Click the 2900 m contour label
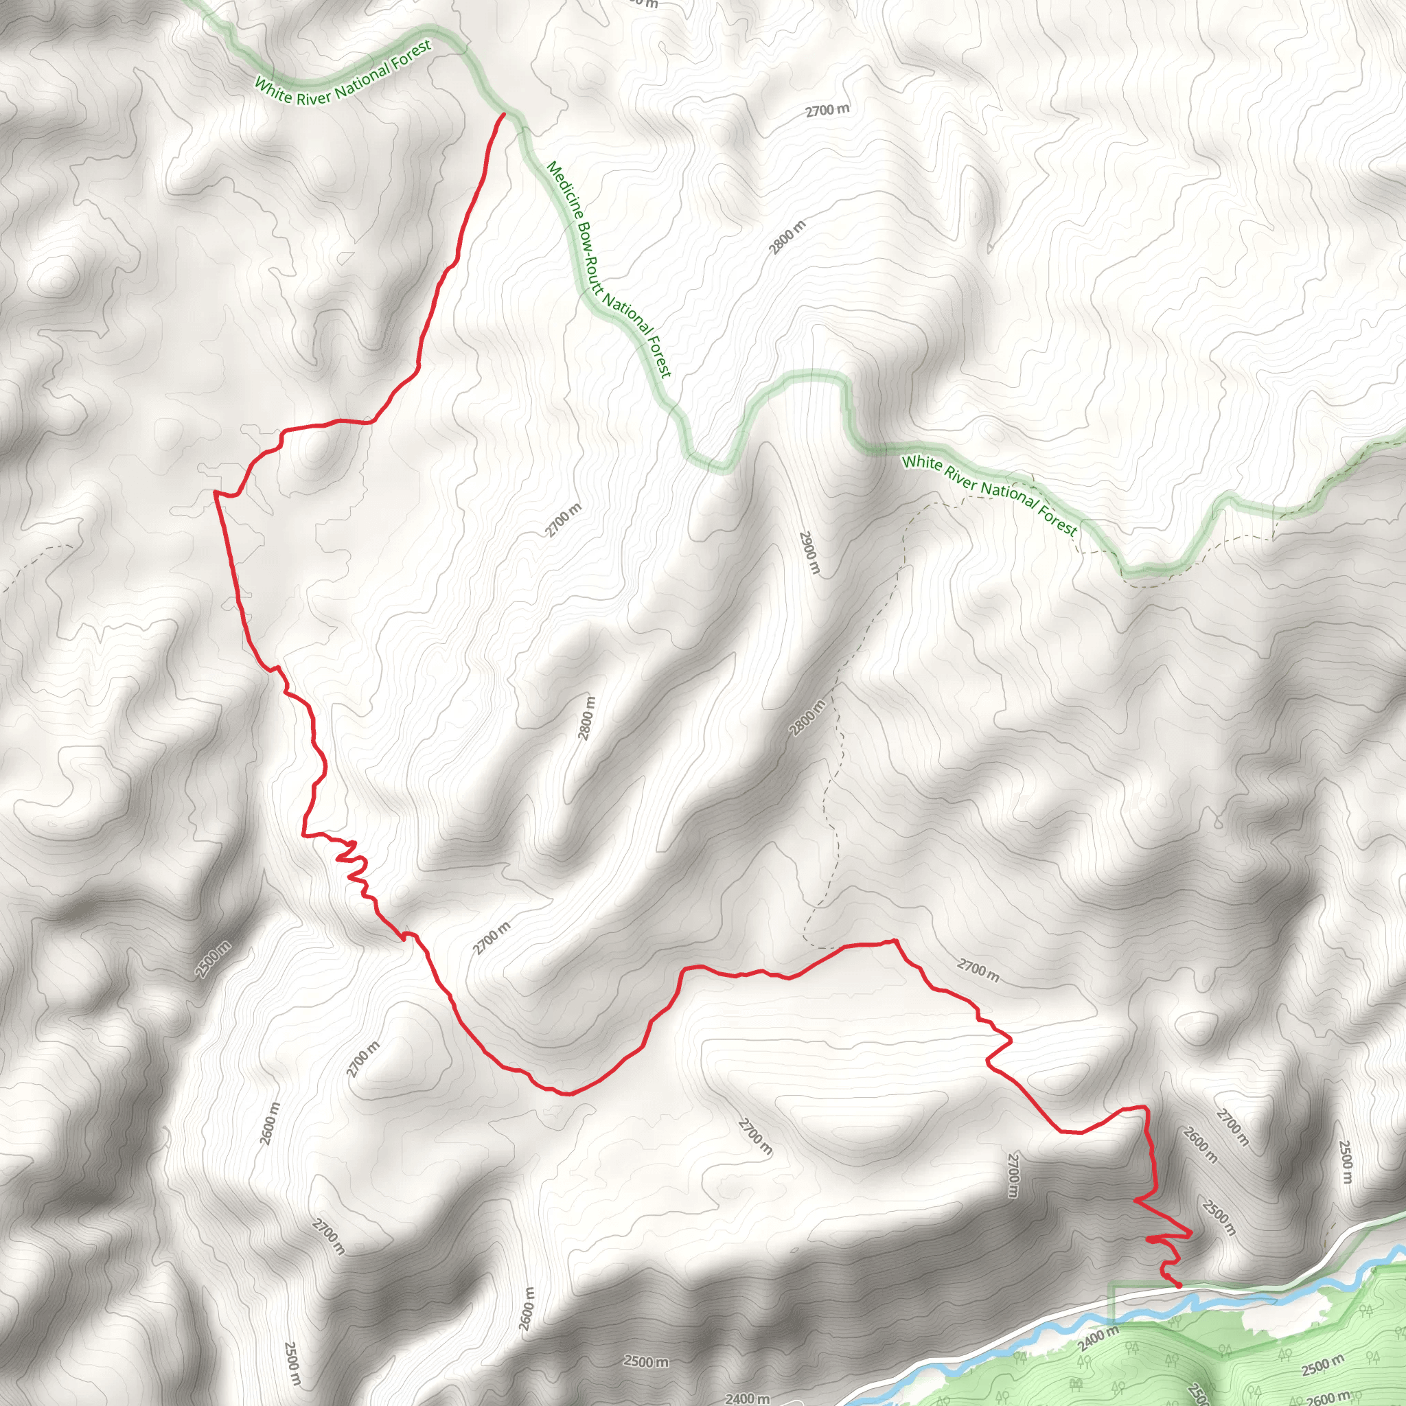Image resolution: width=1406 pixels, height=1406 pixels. (x=809, y=553)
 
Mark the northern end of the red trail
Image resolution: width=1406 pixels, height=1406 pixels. (x=504, y=114)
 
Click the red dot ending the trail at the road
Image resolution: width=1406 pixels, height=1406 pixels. (x=1178, y=1286)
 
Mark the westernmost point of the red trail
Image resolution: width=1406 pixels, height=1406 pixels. (x=215, y=493)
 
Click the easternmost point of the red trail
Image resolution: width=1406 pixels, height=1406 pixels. (x=1190, y=1234)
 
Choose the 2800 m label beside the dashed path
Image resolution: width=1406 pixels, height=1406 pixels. (x=808, y=717)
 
